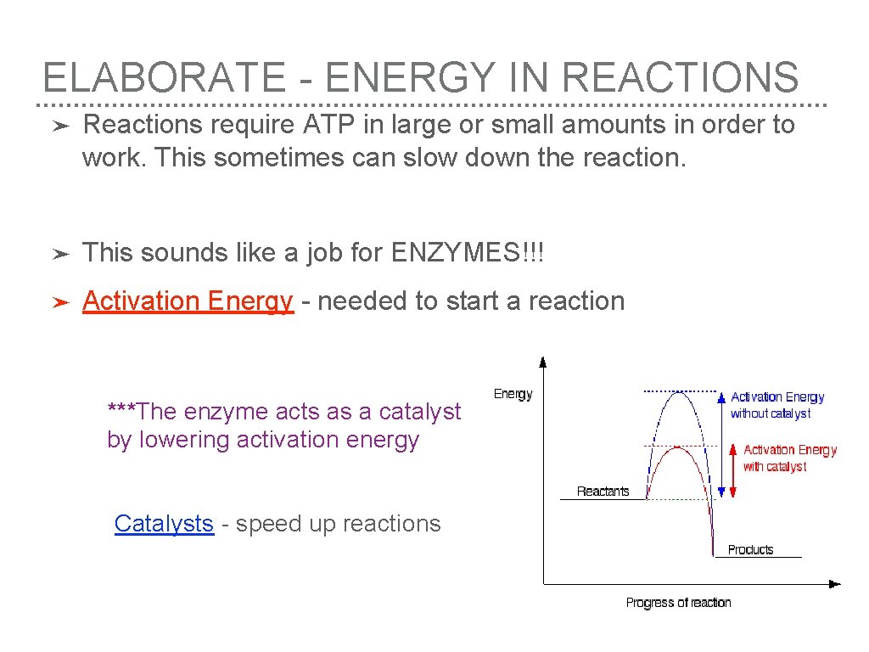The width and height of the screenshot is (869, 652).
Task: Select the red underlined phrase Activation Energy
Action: coord(188,301)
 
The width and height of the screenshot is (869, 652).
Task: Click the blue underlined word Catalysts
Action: coord(164,523)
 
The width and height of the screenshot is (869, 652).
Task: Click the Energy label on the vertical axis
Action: coord(513,394)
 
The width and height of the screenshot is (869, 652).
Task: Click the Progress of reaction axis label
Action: coord(678,603)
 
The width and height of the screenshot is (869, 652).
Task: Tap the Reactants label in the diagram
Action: coord(603,491)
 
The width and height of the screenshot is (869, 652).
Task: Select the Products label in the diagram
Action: coord(750,550)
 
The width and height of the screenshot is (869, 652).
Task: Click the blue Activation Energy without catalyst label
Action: coord(776,405)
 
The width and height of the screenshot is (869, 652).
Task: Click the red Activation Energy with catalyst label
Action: coord(789,458)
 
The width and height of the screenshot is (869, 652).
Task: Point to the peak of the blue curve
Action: coord(676,391)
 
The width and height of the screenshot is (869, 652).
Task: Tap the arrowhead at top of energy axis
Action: coord(544,360)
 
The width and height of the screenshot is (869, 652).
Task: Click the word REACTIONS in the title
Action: coord(680,77)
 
